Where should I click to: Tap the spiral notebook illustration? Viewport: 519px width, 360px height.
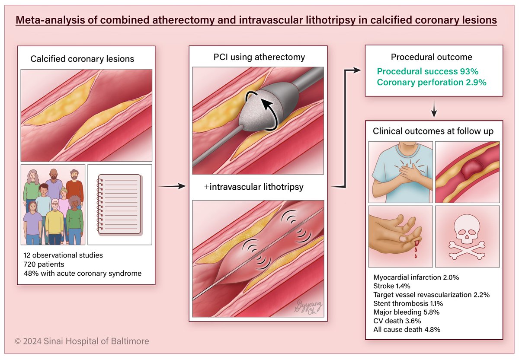pyautogui.click(x=119, y=204)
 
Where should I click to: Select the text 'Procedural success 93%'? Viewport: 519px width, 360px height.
pyautogui.click(x=427, y=71)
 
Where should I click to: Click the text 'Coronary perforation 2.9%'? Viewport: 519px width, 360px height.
pyautogui.click(x=432, y=82)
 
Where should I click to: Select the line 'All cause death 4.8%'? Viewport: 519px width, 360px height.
pyautogui.click(x=407, y=329)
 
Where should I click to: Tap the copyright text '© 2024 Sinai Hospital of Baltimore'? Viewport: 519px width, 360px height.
pyautogui.click(x=82, y=341)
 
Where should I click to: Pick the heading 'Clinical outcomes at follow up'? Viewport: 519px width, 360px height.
pyautogui.click(x=433, y=131)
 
